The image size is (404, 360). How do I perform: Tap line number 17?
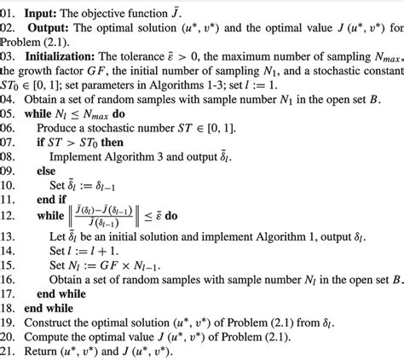pos(9,293)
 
